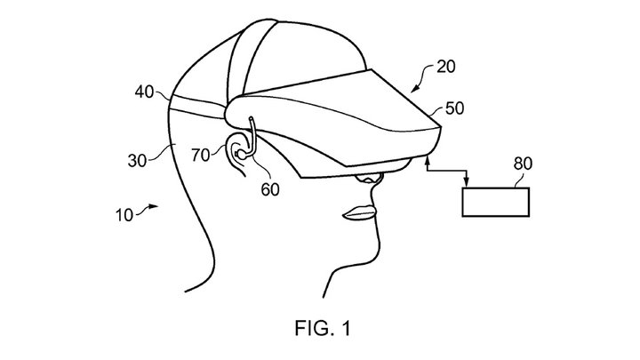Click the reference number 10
(x=125, y=214)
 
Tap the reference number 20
(x=449, y=68)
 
